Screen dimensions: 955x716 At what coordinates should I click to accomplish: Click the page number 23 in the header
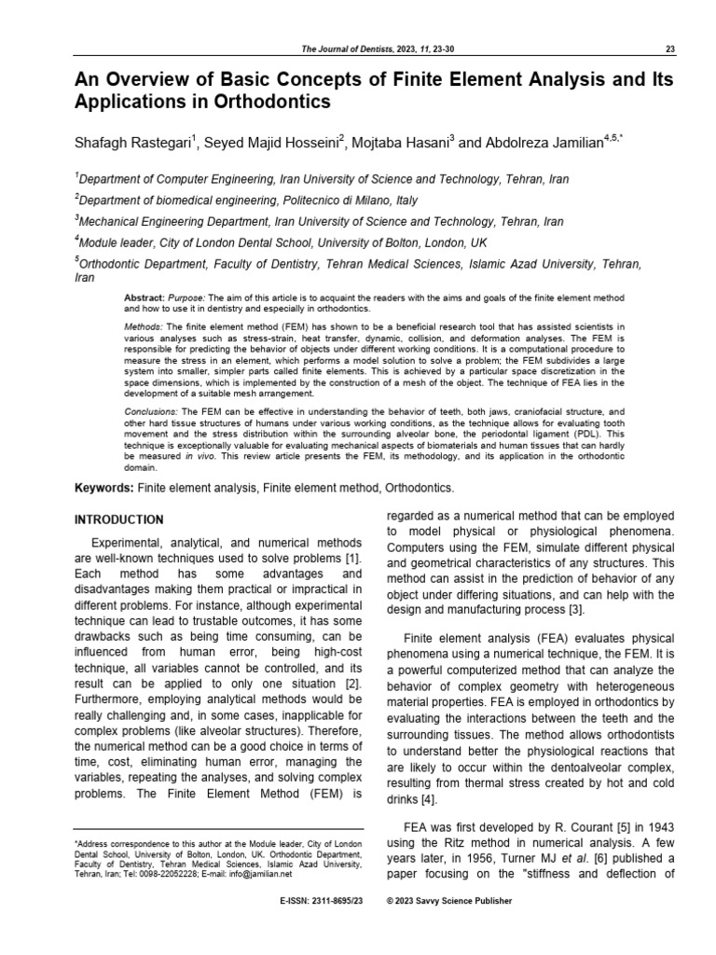click(x=672, y=49)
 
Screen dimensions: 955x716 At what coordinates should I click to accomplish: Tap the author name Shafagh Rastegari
click(x=131, y=144)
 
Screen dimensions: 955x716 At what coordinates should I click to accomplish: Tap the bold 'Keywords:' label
click(x=103, y=488)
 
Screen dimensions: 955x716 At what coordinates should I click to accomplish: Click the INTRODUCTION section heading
click(x=118, y=519)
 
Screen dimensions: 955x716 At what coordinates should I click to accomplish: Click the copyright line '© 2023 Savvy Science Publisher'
click(x=449, y=902)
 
